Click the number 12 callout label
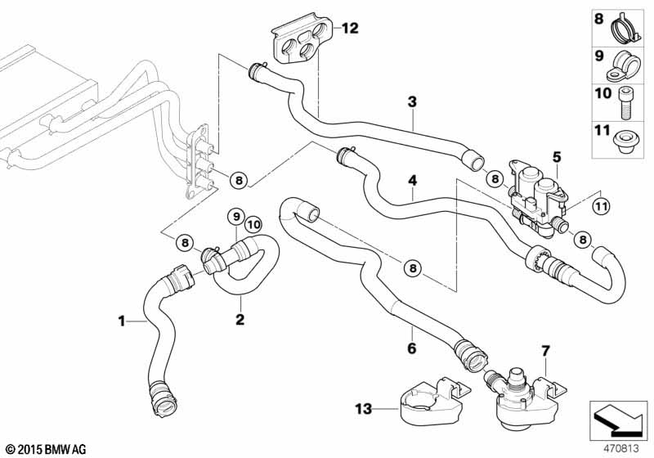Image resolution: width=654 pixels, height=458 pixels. (x=350, y=29)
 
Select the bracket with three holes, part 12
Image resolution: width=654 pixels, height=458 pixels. (x=302, y=43)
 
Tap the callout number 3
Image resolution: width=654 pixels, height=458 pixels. (x=413, y=102)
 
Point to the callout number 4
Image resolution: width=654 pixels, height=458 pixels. (x=413, y=180)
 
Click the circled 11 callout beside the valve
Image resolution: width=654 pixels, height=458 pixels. (x=601, y=204)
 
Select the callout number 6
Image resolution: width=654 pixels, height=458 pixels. (x=412, y=348)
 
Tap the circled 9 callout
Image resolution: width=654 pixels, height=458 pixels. (x=236, y=218)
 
